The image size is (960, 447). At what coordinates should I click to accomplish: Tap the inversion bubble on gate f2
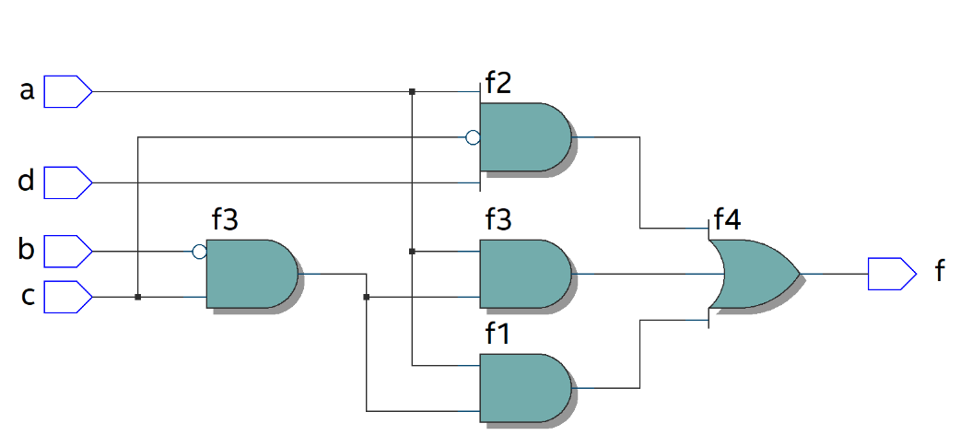473,138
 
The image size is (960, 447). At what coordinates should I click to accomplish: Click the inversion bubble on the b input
199,251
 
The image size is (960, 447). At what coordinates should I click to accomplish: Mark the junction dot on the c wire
137,297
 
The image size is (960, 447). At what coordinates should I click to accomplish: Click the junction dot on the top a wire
412,91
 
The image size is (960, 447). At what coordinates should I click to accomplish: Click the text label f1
498,335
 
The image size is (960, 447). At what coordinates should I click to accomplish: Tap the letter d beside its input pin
27,182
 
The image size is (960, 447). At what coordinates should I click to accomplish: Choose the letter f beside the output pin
939,272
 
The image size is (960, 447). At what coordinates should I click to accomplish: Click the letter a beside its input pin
27,90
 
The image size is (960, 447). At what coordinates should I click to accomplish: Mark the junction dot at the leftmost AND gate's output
367,297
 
